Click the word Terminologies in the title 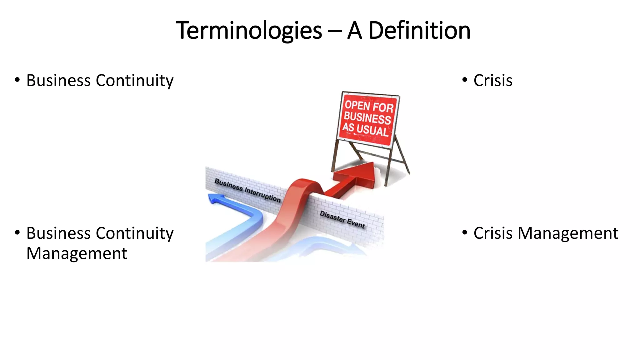(x=249, y=31)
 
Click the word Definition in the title (x=419, y=31)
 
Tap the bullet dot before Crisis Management (x=465, y=232)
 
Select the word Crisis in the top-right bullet (x=493, y=81)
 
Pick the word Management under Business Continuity (x=77, y=253)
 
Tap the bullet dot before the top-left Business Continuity (x=17, y=80)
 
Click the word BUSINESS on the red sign (x=367, y=118)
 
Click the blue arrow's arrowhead (x=216, y=198)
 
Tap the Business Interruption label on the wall (x=247, y=190)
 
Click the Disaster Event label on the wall (x=342, y=219)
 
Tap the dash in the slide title (x=335, y=31)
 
